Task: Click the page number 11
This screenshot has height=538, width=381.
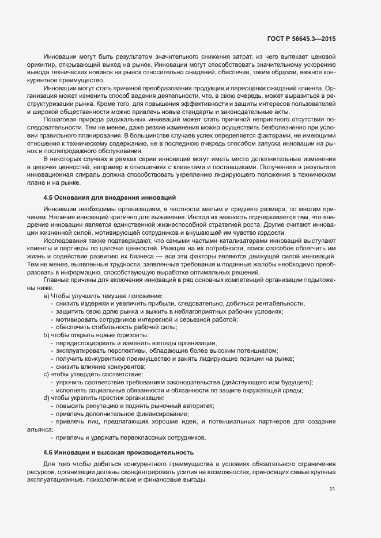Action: [332, 490]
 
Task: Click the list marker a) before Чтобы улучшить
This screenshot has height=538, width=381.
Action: [46, 296]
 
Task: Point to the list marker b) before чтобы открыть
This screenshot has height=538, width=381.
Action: [46, 335]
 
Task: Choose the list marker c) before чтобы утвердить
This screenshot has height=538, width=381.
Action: [46, 374]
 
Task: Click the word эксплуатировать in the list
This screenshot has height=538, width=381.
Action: [81, 350]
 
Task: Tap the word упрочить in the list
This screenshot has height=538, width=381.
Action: [70, 382]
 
